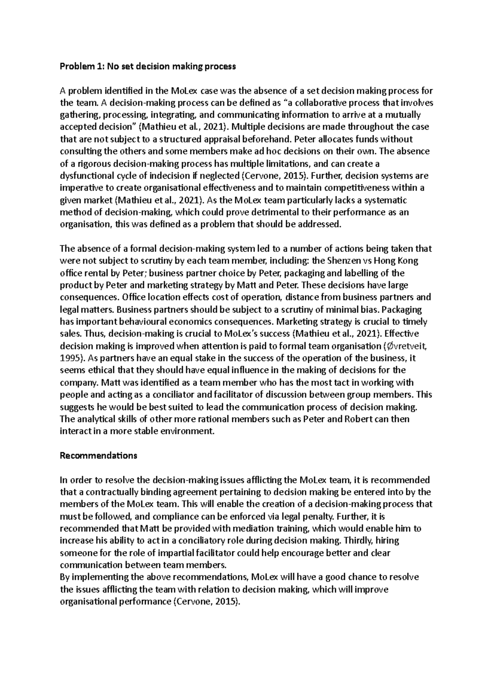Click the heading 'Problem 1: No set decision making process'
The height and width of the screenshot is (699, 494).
pos(148,67)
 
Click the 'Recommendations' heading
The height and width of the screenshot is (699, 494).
pos(98,456)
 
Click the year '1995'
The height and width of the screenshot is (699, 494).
pos(70,358)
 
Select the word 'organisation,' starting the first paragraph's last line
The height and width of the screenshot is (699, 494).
pos(86,225)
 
